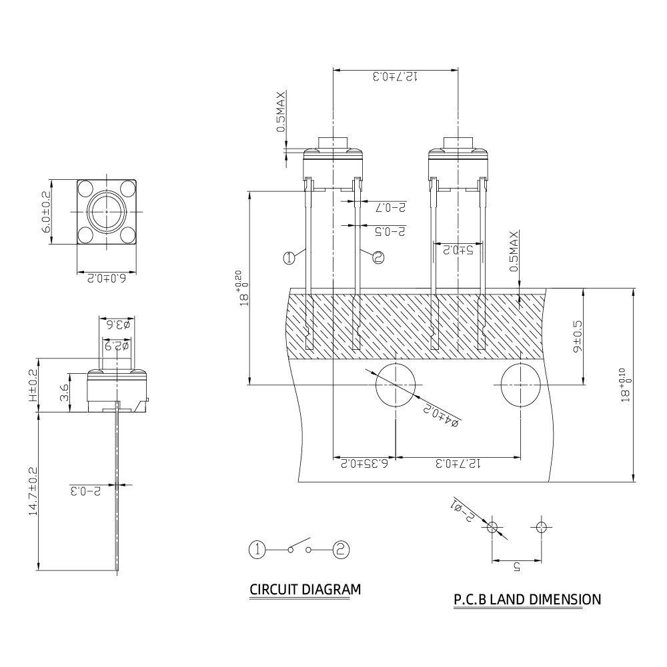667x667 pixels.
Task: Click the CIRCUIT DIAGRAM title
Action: pos(305,590)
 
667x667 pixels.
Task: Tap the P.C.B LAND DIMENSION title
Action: pos(527,600)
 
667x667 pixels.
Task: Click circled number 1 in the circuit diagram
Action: pos(257,550)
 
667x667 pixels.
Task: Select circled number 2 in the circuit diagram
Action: pos(341,550)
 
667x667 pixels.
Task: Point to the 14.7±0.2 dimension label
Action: pos(33,491)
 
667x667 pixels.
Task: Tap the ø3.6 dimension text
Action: pos(118,325)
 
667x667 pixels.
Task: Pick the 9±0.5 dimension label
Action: pos(577,336)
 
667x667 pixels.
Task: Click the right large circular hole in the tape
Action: pos(521,385)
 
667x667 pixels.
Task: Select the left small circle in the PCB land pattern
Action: pos(493,528)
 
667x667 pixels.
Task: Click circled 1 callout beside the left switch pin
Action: pos(289,258)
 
